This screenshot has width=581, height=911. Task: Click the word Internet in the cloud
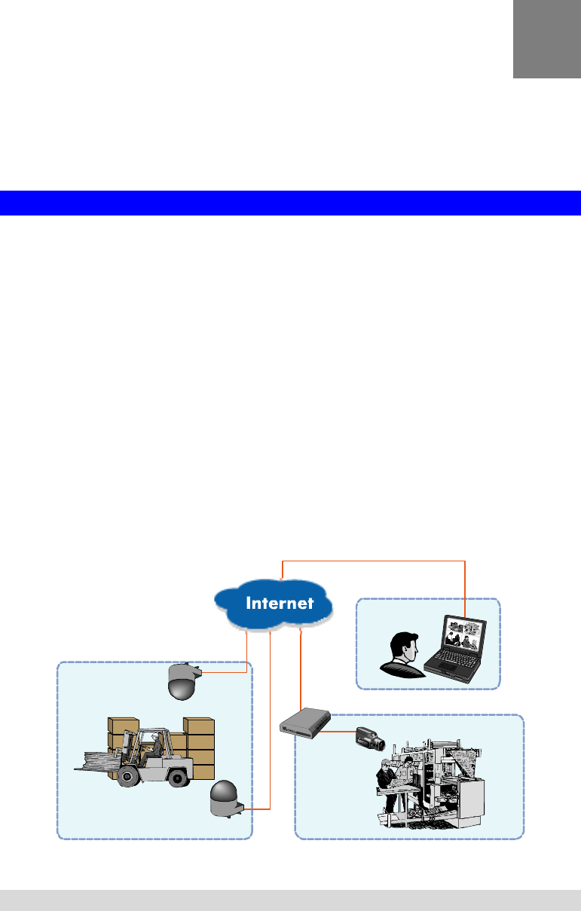click(x=279, y=603)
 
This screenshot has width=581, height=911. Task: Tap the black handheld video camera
click(x=370, y=738)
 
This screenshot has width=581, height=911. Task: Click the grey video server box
click(x=301, y=725)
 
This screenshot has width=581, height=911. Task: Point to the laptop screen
click(x=463, y=637)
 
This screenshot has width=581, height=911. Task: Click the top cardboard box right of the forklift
click(x=200, y=726)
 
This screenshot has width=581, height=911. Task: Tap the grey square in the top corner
click(x=546, y=38)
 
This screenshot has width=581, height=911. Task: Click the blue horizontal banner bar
click(x=290, y=203)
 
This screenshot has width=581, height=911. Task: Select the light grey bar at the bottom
click(x=290, y=900)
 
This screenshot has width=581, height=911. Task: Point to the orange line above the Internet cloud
click(x=373, y=561)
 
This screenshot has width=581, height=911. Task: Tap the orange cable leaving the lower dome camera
click(x=256, y=809)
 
